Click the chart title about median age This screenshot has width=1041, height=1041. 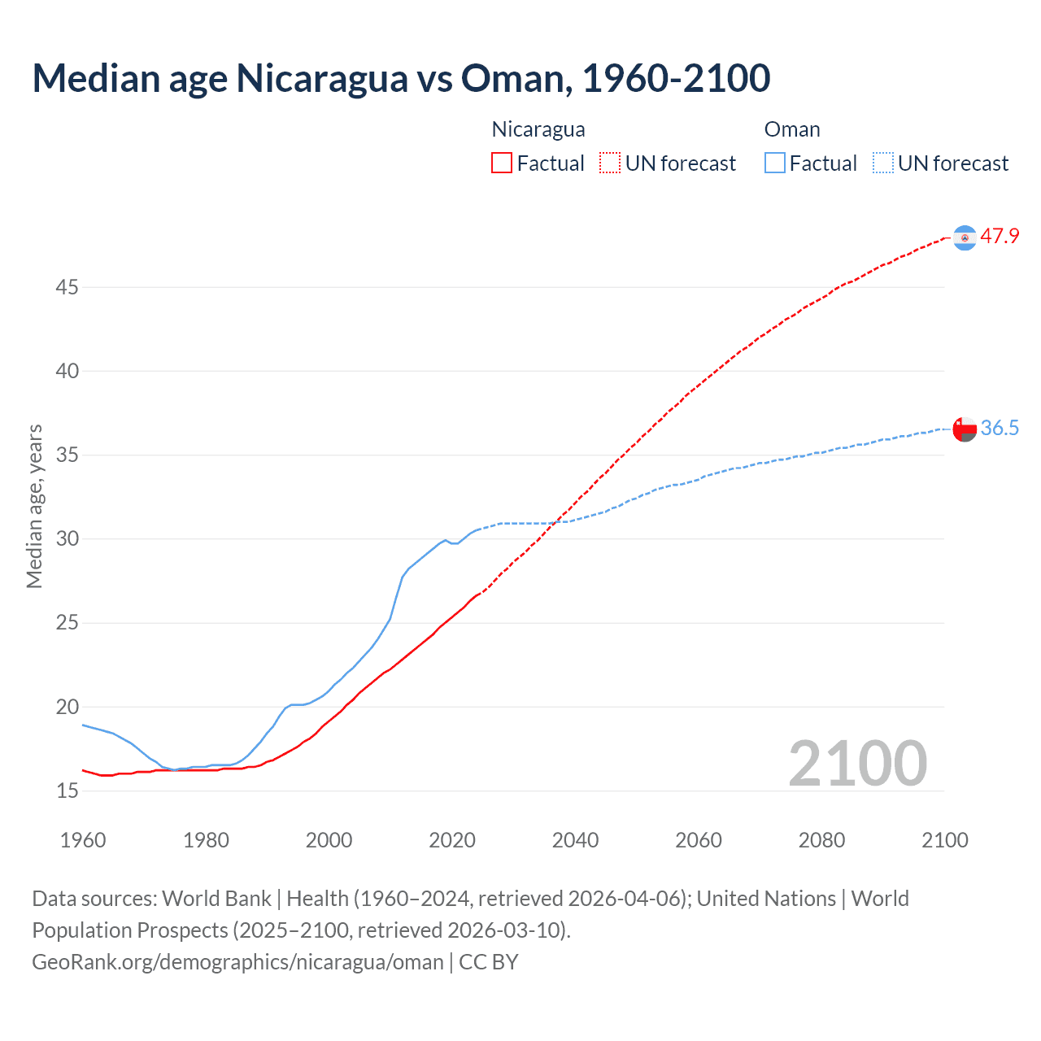click(x=401, y=78)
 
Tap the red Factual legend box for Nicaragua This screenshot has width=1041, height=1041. click(x=502, y=163)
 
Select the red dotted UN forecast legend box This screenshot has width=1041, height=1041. click(x=610, y=163)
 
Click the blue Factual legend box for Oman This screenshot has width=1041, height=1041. click(x=775, y=163)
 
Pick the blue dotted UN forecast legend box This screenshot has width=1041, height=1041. click(x=883, y=163)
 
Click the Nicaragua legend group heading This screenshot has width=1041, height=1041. click(x=538, y=129)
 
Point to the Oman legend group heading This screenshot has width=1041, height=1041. click(x=792, y=129)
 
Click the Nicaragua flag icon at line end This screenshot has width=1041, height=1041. click(x=965, y=237)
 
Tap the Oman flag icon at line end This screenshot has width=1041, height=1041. click(x=965, y=429)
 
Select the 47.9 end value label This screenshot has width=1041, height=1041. click(x=1000, y=237)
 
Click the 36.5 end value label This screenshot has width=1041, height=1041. click(x=1000, y=429)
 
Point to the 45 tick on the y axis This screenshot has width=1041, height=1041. click(x=68, y=287)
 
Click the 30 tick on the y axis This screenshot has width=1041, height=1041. click(x=68, y=538)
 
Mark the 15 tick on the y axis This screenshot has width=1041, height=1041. click(x=68, y=791)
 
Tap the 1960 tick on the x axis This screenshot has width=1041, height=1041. click(x=83, y=840)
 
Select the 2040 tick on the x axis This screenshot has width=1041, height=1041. click(x=575, y=840)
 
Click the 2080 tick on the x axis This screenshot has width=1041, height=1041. click(x=821, y=840)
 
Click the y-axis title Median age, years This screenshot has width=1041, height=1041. click(x=34, y=506)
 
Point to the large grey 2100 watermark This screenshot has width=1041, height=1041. click(x=857, y=763)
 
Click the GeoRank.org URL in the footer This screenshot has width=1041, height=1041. click(x=237, y=962)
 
